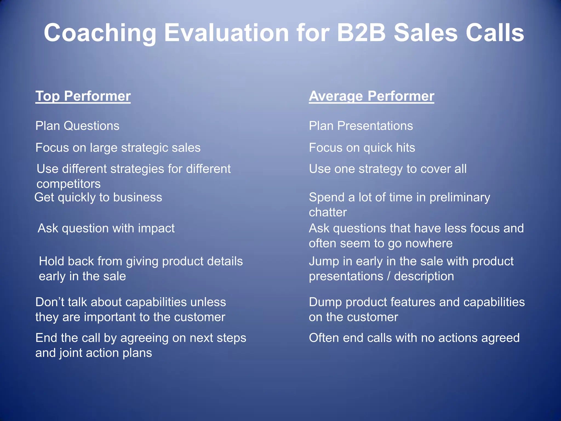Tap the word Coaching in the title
pos(100,33)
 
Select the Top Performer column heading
pos(83,96)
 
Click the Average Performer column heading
pos(371,96)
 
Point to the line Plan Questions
pos(77,126)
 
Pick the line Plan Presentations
pos(361,126)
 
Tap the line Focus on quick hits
pos(362,148)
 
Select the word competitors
pos(68,184)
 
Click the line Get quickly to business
pos(98,197)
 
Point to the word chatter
pos(328,212)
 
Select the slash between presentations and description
pos(388,276)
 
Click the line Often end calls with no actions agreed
pos(414,338)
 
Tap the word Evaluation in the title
pos(226,33)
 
